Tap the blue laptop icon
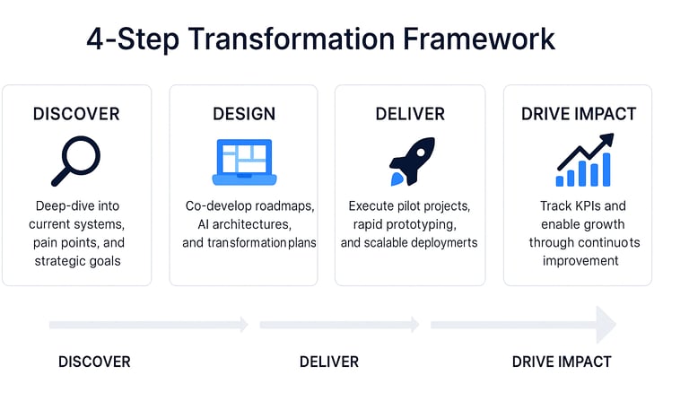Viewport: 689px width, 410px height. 244,162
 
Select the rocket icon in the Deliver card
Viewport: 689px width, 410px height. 412,161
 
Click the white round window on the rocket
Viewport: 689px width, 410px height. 421,153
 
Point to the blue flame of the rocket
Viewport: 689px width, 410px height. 397,179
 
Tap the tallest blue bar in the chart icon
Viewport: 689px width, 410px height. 606,170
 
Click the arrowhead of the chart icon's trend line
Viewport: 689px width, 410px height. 606,140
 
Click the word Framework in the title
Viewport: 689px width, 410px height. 479,39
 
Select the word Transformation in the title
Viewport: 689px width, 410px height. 292,39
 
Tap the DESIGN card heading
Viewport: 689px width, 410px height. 244,114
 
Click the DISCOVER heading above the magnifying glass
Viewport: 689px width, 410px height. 76,114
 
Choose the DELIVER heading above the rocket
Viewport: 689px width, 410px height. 410,114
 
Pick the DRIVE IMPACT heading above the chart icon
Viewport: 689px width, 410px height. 579,114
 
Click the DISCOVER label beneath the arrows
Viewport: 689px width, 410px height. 94,362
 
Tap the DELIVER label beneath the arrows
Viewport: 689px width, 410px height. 329,362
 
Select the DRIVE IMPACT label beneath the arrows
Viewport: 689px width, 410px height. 562,362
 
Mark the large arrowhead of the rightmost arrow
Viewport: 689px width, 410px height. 606,325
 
